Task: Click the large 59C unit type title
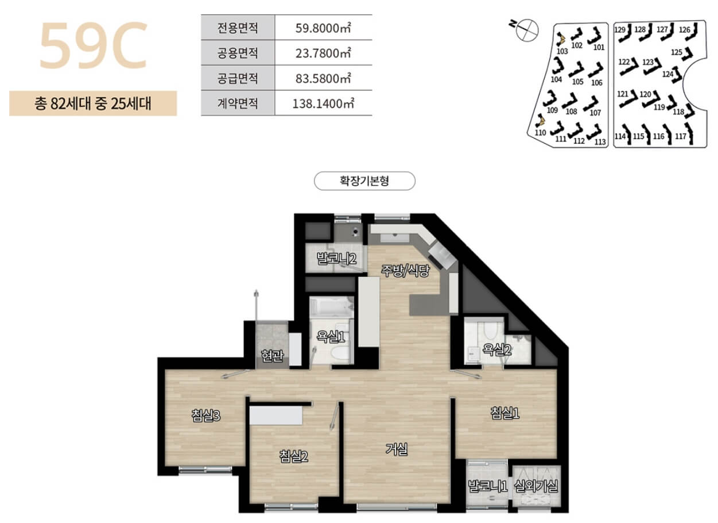[93, 45]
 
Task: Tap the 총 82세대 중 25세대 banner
[92, 104]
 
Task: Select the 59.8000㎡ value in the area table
[322, 27]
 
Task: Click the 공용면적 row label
[238, 53]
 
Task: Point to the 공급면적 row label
[238, 78]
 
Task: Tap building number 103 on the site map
[562, 51]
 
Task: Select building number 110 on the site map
[540, 132]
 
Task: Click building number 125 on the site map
[677, 53]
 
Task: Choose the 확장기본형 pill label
[364, 181]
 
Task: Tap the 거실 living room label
[396, 449]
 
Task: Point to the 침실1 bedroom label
[505, 413]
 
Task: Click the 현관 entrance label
[271, 356]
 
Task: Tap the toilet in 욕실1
[340, 352]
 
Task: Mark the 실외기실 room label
[537, 487]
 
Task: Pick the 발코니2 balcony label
[337, 259]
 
